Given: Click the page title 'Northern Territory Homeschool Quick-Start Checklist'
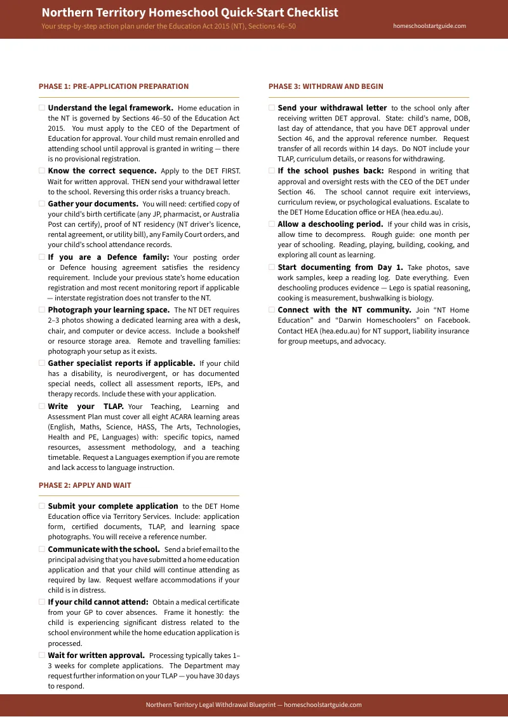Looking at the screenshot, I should click(190, 13).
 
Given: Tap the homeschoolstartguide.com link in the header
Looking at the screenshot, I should click(429, 26).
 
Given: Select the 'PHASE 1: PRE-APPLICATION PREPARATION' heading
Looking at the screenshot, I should click(114, 86).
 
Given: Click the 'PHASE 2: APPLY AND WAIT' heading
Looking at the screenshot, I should click(85, 485).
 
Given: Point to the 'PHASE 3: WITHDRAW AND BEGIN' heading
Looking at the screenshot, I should click(326, 86).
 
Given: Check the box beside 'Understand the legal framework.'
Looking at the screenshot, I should click(42, 108).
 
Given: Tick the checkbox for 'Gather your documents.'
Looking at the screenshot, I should click(42, 204).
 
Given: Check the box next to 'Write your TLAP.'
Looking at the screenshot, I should click(42, 407).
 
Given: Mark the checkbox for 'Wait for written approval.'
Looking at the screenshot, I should click(42, 655).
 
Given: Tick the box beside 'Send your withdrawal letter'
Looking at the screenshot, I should click(272, 108).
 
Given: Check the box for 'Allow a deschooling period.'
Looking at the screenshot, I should click(272, 224).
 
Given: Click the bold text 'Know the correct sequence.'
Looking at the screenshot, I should click(102, 171).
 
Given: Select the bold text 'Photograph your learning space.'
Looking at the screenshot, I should click(109, 310).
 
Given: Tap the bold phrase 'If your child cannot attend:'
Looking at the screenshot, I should click(98, 602).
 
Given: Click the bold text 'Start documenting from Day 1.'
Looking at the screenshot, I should click(340, 267).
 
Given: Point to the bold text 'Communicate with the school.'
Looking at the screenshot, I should click(104, 549).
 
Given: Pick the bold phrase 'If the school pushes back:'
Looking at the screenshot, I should click(331, 171).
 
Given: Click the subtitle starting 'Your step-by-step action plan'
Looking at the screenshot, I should click(168, 27).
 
